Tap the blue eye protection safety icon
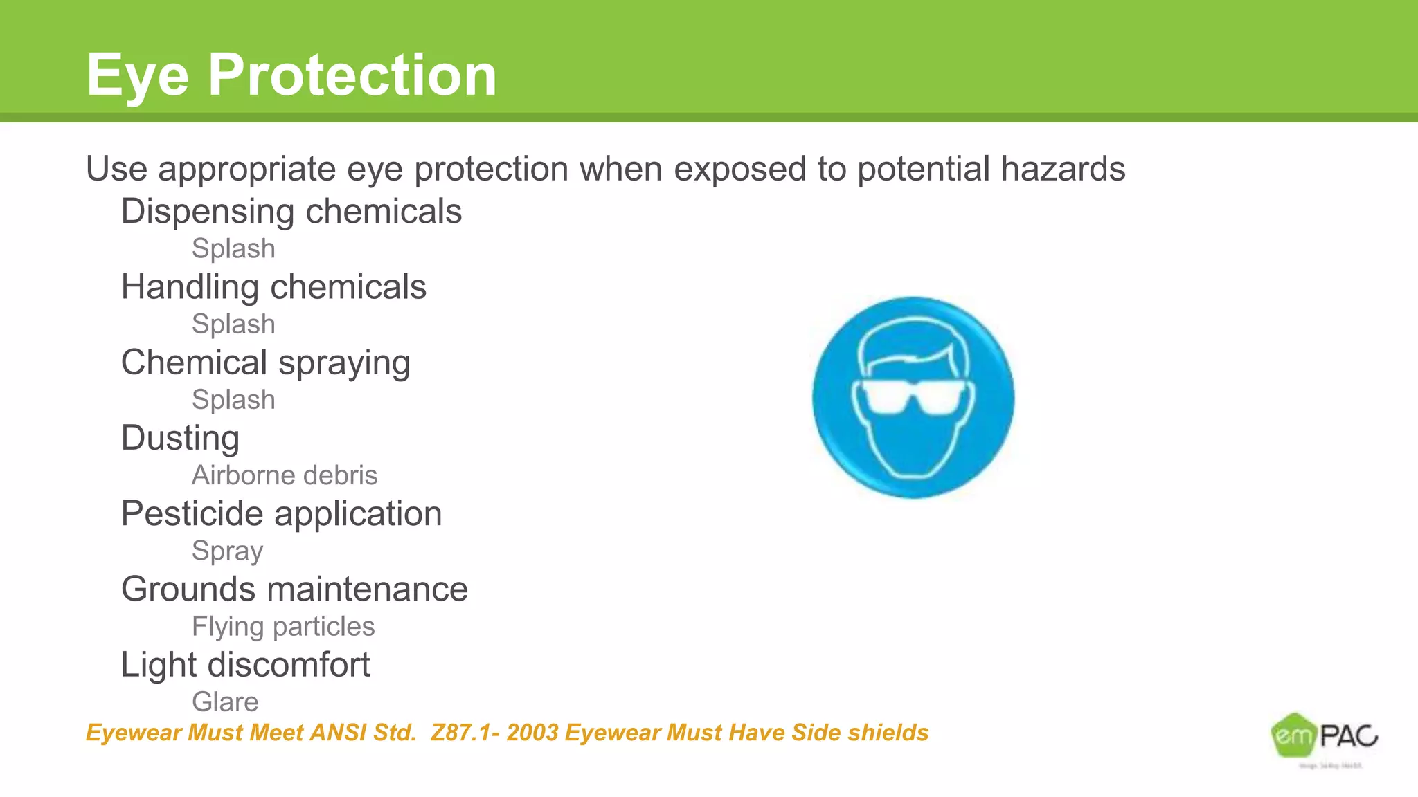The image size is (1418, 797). (913, 397)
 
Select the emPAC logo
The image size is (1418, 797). (1324, 738)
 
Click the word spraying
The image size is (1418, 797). (344, 363)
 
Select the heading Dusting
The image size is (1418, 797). (180, 438)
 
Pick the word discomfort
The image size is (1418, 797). (289, 665)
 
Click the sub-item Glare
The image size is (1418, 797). (225, 702)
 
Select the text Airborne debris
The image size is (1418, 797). (285, 475)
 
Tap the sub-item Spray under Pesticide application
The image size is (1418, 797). (227, 551)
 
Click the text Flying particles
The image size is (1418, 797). (283, 627)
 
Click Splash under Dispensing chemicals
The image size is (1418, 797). (233, 248)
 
